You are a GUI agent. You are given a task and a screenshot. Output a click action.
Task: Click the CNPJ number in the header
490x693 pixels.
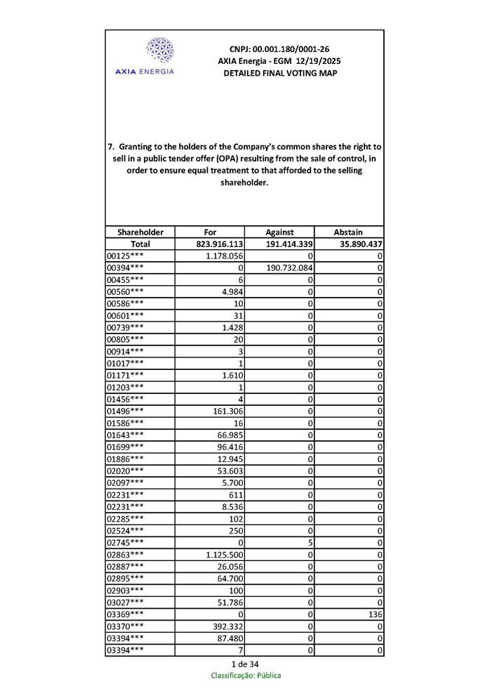point(279,49)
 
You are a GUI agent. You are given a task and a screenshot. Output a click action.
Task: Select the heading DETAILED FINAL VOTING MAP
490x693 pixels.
point(279,73)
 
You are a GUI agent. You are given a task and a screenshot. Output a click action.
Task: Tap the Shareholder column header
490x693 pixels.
point(140,232)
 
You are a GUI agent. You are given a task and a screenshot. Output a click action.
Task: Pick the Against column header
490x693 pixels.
point(279,232)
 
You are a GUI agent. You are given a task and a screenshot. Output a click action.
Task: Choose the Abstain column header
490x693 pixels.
point(349,232)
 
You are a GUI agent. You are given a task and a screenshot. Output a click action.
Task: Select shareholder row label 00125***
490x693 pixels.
point(125,256)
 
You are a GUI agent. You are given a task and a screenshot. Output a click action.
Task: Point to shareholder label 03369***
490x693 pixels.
point(125,614)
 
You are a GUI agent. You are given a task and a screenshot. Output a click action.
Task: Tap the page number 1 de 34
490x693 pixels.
point(245,664)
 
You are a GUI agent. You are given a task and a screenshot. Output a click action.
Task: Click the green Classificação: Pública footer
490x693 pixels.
point(246,675)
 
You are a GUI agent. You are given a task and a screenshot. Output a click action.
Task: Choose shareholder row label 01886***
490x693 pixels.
point(125,459)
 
